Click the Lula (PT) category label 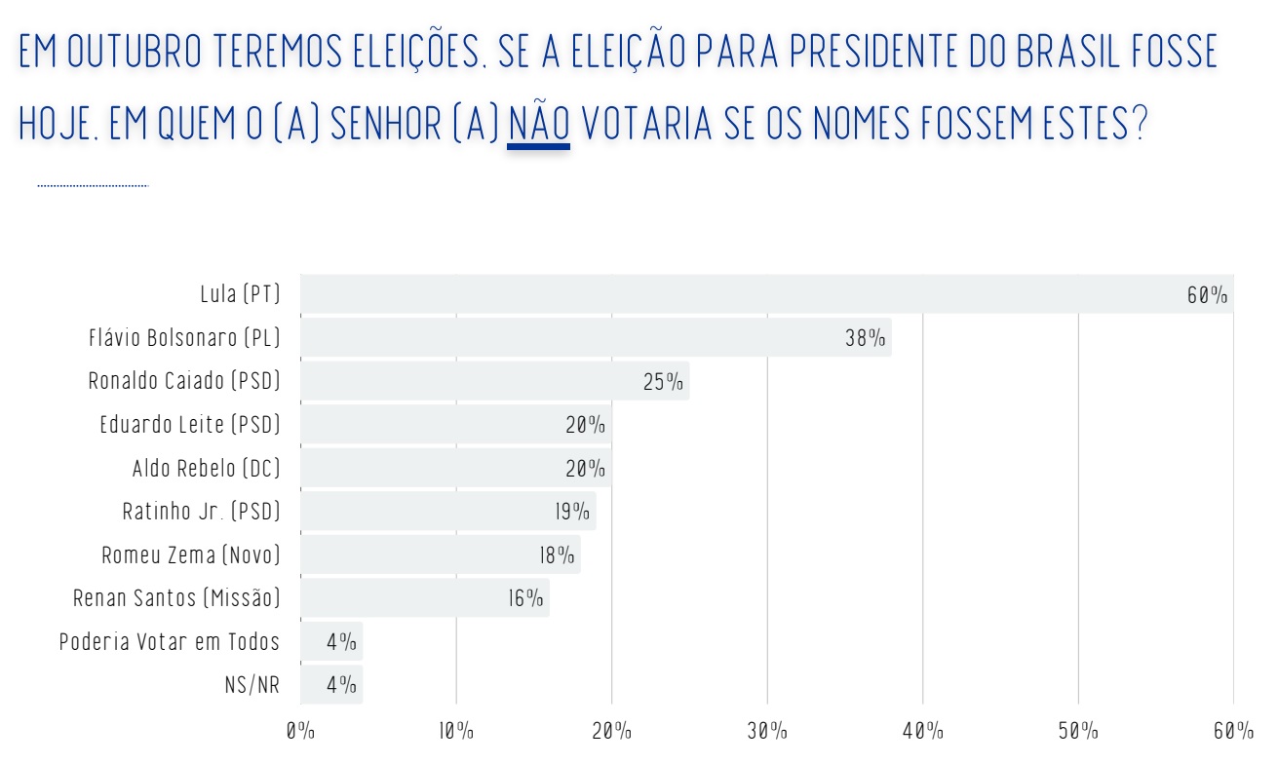click(x=240, y=294)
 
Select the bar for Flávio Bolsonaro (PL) click(x=595, y=338)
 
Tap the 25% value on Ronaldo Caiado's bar click(x=663, y=382)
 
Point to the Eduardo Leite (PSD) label click(x=190, y=425)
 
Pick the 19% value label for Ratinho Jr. click(x=572, y=512)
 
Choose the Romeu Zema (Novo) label click(x=191, y=555)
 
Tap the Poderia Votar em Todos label click(x=170, y=642)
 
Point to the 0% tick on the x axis click(x=300, y=731)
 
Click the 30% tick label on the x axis click(x=767, y=731)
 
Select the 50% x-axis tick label click(x=1078, y=731)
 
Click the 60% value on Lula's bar click(x=1207, y=295)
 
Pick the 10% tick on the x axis click(x=455, y=731)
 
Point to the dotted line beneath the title click(x=93, y=184)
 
